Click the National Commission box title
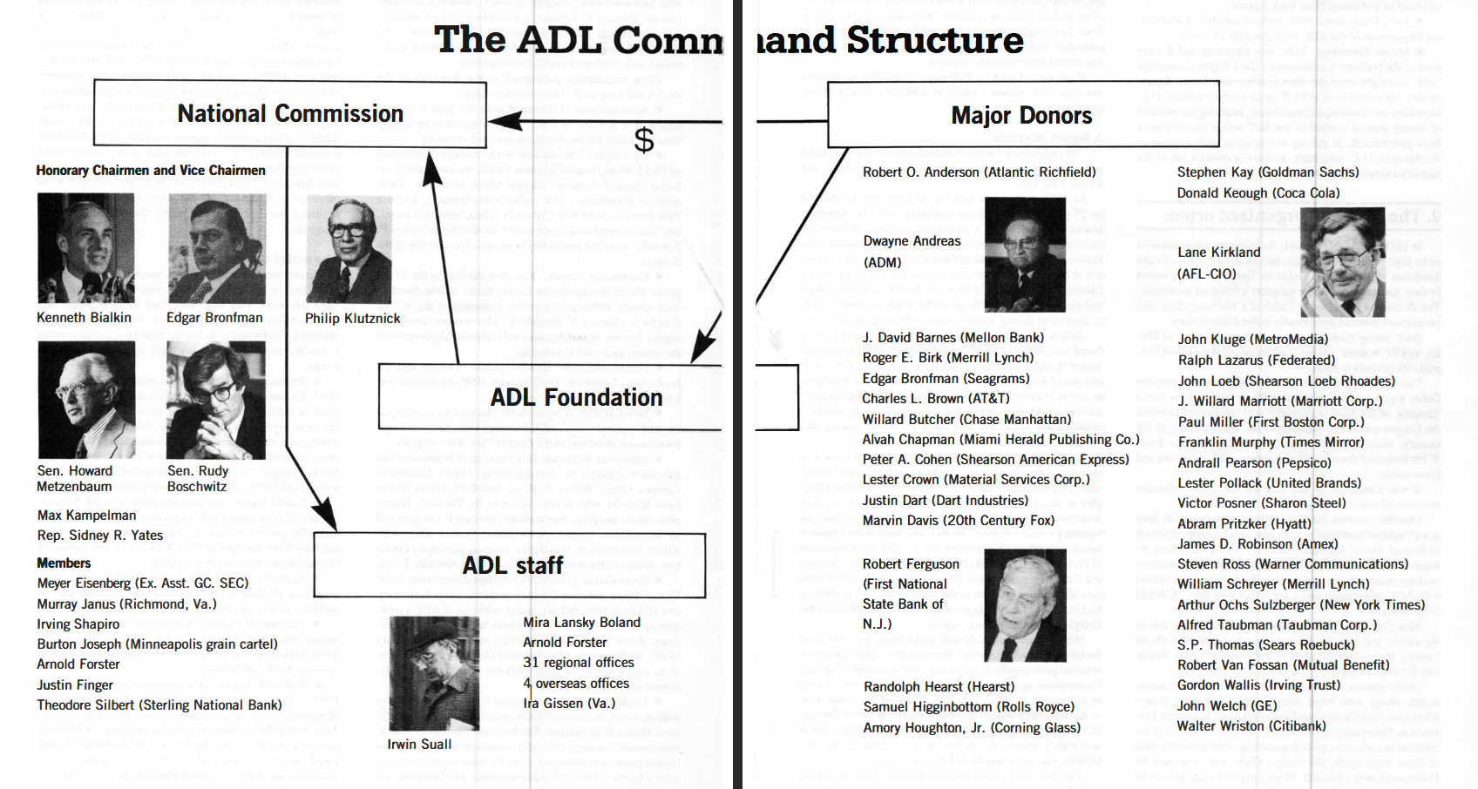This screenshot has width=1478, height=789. [x=290, y=114]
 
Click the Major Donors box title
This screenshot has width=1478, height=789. [x=1021, y=116]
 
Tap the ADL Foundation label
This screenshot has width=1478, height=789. [x=576, y=398]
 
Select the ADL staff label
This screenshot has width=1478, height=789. [x=512, y=566]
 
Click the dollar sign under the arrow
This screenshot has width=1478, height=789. [x=644, y=139]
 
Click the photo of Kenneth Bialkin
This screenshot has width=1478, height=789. [x=85, y=248]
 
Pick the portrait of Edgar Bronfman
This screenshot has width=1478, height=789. [x=216, y=248]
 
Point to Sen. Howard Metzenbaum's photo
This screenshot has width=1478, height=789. [x=86, y=399]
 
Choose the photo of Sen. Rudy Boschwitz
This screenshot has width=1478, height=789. [x=216, y=399]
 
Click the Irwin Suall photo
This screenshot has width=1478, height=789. [x=434, y=673]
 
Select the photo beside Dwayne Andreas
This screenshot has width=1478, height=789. [x=1024, y=254]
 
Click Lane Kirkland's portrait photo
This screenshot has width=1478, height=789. [x=1342, y=261]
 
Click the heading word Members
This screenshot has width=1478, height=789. [x=64, y=563]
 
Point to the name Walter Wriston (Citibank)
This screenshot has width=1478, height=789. [x=1251, y=726]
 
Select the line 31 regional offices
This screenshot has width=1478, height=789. [x=579, y=663]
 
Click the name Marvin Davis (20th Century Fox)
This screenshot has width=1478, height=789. [x=959, y=521]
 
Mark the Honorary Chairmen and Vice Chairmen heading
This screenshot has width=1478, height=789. [x=151, y=171]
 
